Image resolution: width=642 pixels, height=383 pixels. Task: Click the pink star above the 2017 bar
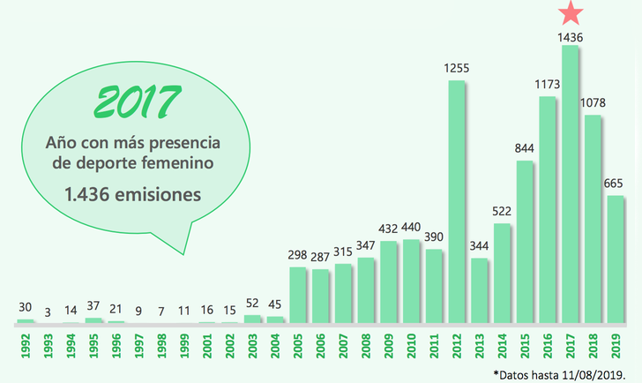click(571, 12)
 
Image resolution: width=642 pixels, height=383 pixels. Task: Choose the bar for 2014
click(503, 273)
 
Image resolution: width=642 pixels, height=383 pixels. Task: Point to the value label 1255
click(457, 68)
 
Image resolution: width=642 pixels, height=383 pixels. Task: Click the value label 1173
click(548, 84)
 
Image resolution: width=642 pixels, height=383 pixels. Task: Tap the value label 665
click(616, 183)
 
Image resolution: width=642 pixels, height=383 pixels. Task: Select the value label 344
click(480, 244)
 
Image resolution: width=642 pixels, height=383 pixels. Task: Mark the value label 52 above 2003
click(253, 302)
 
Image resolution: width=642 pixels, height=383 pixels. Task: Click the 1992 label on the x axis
click(26, 344)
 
